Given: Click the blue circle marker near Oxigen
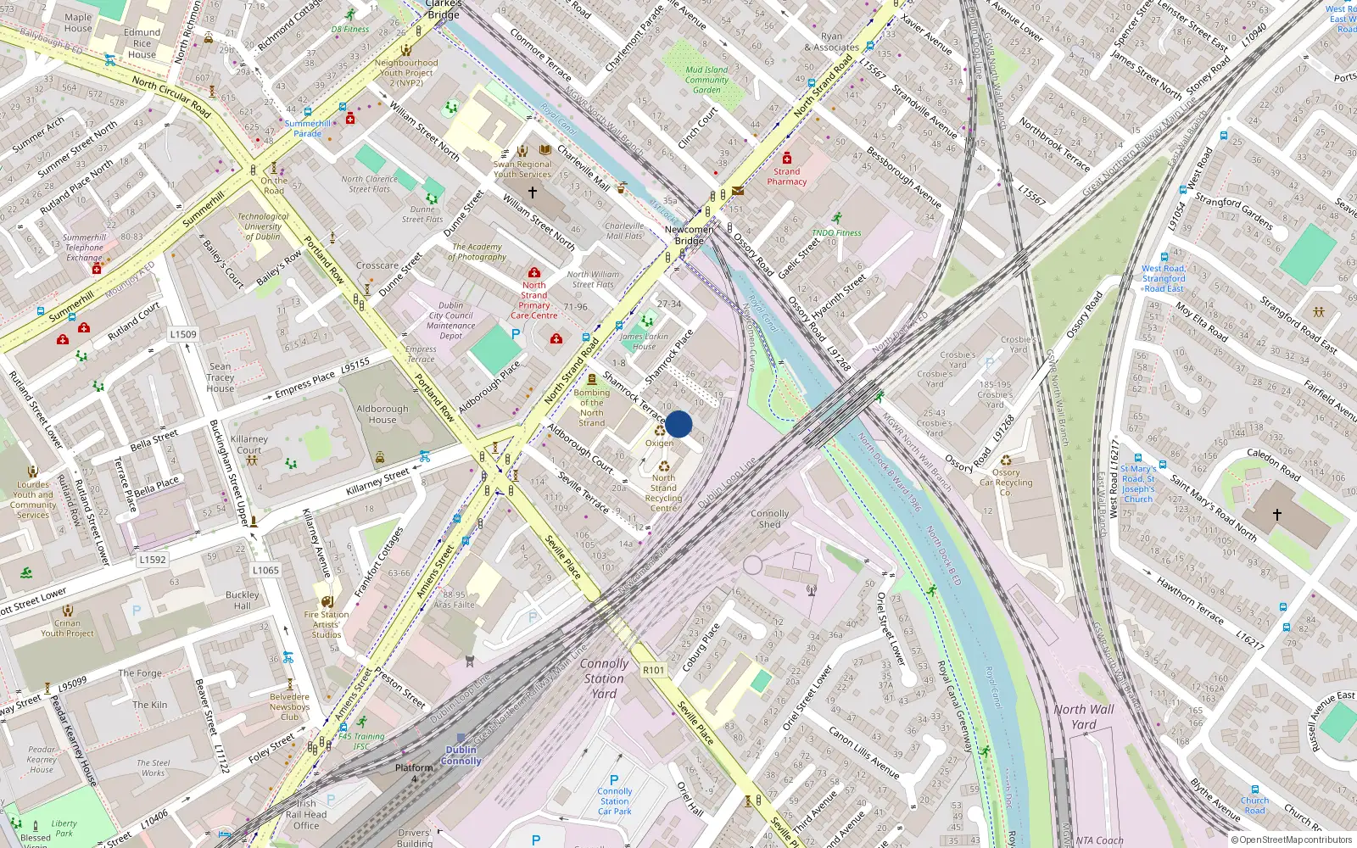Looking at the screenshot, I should tap(678, 424).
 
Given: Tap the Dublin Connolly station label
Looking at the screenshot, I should tap(461, 755).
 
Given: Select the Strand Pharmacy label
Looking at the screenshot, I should tap(786, 176).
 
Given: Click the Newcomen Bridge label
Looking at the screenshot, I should tap(689, 235).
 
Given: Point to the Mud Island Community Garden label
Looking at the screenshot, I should tap(706, 80).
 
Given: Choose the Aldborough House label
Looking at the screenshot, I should tap(382, 414).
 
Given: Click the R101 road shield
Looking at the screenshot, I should tap(653, 670).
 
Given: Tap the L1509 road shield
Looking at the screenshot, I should tap(183, 334).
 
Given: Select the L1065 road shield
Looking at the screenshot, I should tap(265, 570).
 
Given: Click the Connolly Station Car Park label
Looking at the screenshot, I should tap(614, 801).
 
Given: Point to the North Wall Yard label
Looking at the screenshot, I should tap(1084, 717).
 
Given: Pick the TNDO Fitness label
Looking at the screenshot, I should tap(836, 232).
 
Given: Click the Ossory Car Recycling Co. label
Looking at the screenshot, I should tap(1006, 483).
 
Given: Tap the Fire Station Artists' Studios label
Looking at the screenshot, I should tap(327, 624).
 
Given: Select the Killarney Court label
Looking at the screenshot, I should tap(249, 444).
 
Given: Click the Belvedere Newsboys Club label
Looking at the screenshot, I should tap(289, 706).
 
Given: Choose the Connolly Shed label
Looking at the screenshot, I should tap(769, 519).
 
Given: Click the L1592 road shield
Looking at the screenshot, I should tap(153, 560).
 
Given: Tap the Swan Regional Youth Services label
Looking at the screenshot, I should tap(522, 169).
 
